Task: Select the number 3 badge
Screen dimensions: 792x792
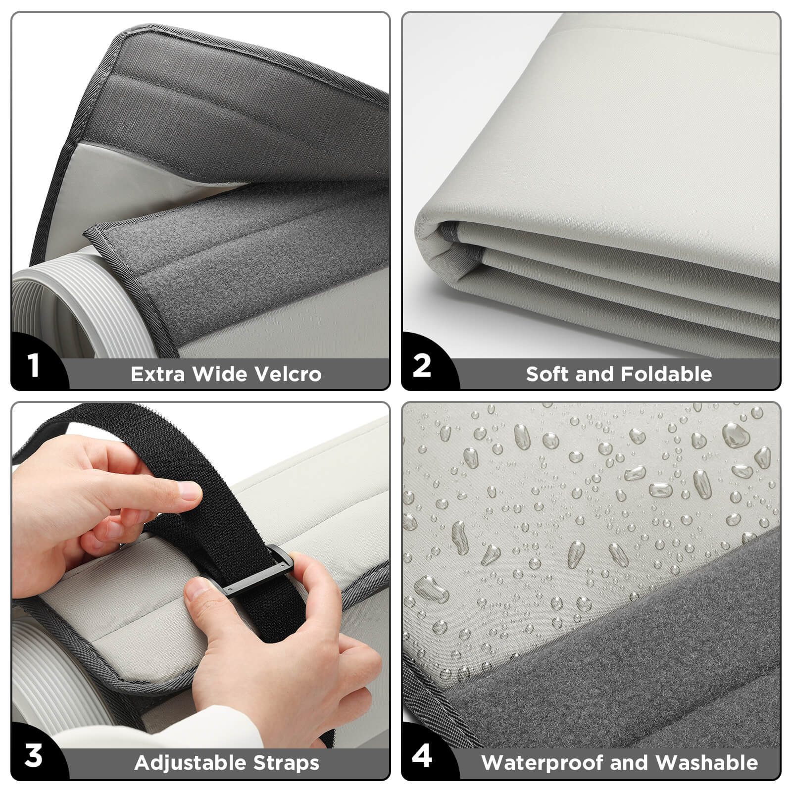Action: [33, 756]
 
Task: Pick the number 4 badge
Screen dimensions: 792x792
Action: [422, 756]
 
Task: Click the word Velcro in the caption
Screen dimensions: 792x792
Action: [288, 374]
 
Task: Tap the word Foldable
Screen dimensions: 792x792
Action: [666, 374]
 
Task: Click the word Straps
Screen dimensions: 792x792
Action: [286, 763]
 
